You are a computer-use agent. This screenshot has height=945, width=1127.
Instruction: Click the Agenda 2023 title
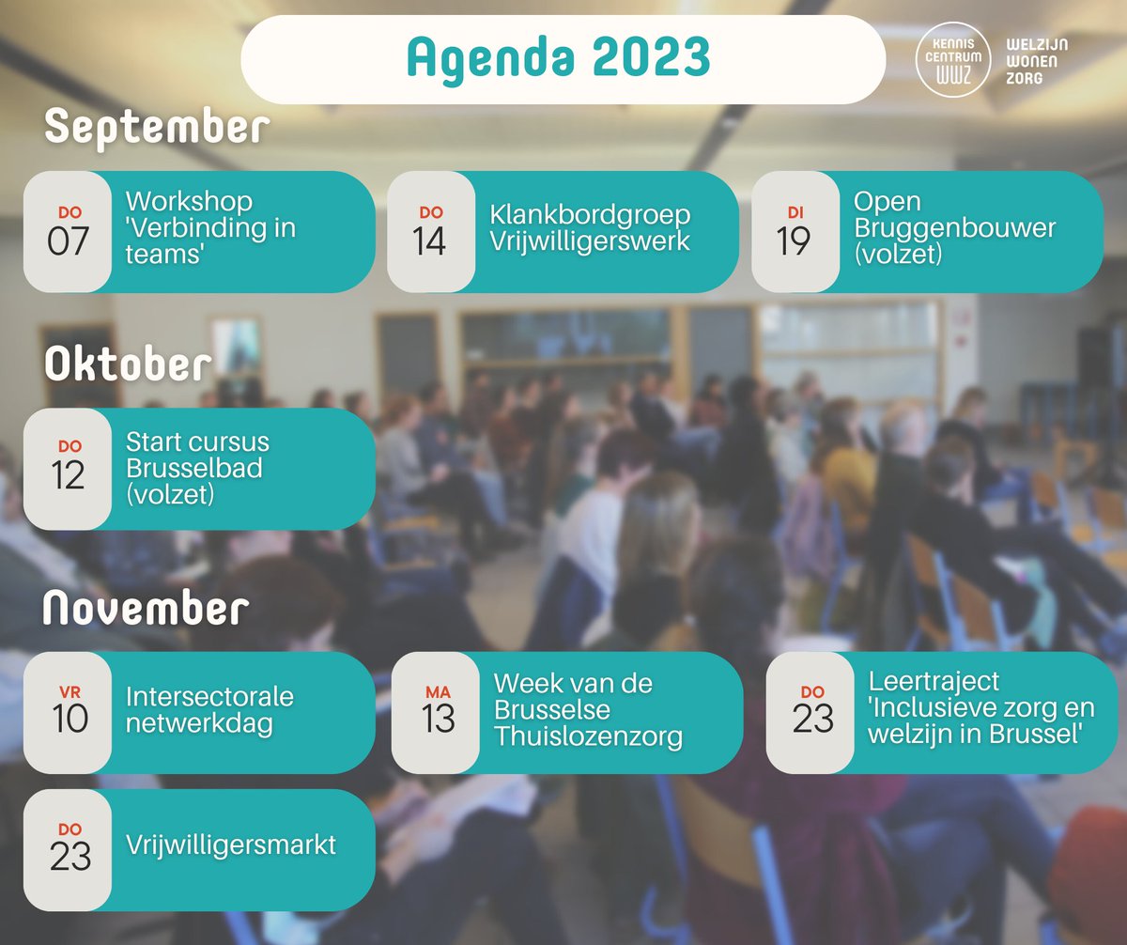[558, 58]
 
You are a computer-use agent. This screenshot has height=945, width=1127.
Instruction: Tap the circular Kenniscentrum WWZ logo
[954, 58]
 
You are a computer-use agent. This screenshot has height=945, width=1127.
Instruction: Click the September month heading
[157, 128]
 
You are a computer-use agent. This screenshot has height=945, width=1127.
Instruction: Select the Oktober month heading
[128, 364]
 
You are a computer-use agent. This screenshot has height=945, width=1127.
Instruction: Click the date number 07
[69, 241]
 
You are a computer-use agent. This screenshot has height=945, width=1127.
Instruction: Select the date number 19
[794, 241]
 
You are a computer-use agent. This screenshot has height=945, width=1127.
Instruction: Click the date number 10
[69, 719]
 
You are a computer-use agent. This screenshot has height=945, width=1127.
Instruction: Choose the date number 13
[438, 719]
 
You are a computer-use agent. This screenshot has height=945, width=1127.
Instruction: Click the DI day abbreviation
[795, 212]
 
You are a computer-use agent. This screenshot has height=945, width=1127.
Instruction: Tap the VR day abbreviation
[69, 691]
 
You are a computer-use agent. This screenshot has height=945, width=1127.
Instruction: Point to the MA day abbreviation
[438, 691]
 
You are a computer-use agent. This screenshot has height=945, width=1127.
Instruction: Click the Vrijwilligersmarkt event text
[231, 844]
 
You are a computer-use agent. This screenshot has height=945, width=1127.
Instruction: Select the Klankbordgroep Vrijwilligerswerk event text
[590, 228]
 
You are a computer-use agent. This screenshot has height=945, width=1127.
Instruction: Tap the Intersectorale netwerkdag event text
[210, 711]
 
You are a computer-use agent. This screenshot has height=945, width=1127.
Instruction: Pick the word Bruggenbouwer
[954, 228]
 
